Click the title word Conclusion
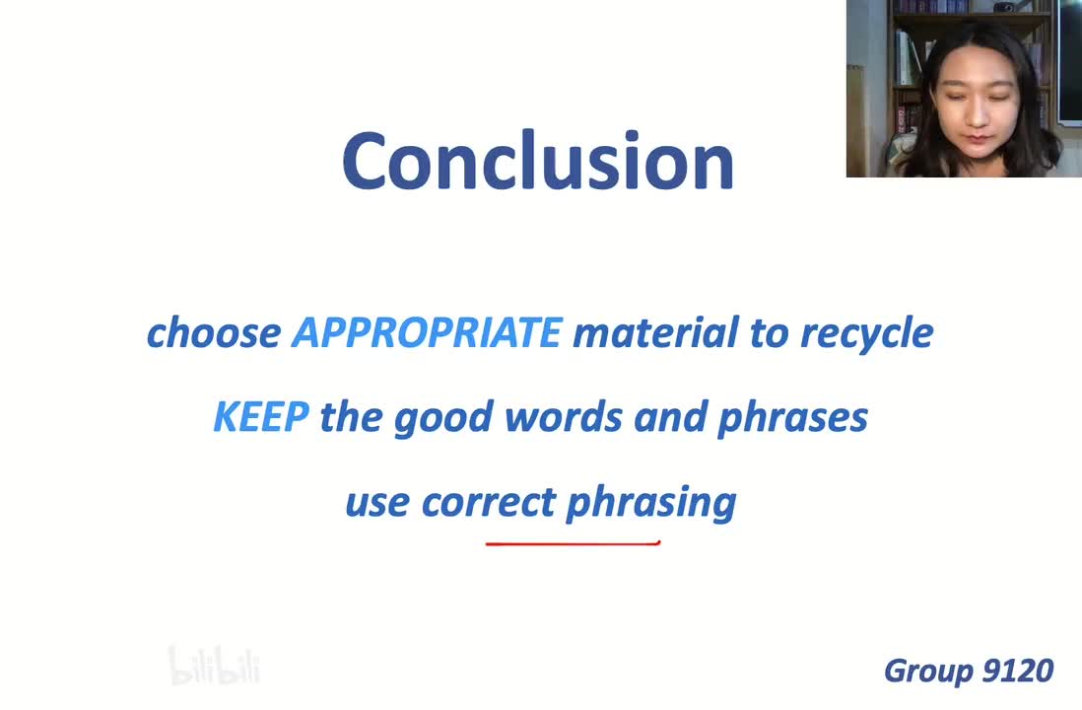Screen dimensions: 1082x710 coord(537,161)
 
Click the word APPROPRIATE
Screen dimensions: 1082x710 coord(427,332)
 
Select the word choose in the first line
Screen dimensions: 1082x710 coord(214,332)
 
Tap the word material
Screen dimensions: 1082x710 coord(655,332)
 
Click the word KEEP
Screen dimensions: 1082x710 coord(261,416)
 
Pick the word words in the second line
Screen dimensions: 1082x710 coord(563,416)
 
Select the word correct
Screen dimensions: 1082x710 coord(489,502)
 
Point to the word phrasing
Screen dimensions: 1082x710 coord(650,504)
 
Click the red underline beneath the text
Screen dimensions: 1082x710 coord(573,543)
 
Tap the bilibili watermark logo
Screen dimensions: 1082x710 coord(214,665)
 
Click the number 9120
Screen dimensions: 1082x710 coord(1017,671)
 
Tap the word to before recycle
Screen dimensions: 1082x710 coord(770,333)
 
